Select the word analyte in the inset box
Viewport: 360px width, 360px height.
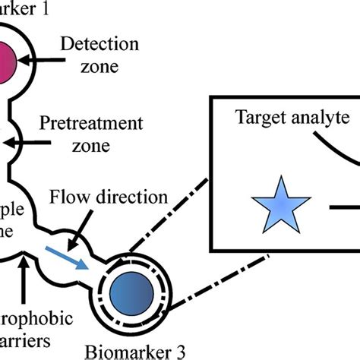tap(320, 118)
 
